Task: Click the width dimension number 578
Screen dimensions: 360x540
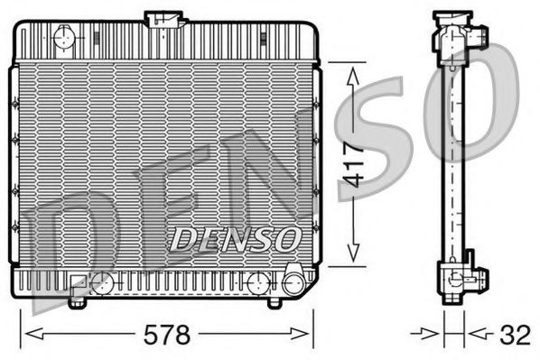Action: pyautogui.click(x=169, y=336)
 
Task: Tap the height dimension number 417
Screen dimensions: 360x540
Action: pyautogui.click(x=355, y=163)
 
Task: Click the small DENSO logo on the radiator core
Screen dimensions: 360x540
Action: pyautogui.click(x=236, y=238)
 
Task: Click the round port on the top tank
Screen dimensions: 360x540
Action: pyautogui.click(x=65, y=37)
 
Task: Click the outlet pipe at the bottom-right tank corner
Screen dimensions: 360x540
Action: pyautogui.click(x=293, y=282)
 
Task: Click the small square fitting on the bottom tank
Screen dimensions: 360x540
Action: pyautogui.click(x=79, y=282)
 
